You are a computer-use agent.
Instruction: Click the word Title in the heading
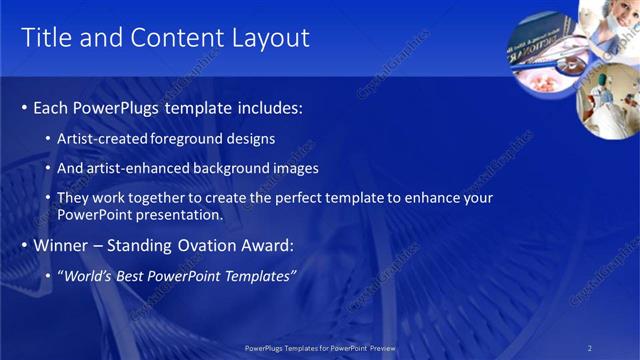point(45,38)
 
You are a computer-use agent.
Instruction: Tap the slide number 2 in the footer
point(589,347)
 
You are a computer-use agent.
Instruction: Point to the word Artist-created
point(99,138)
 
